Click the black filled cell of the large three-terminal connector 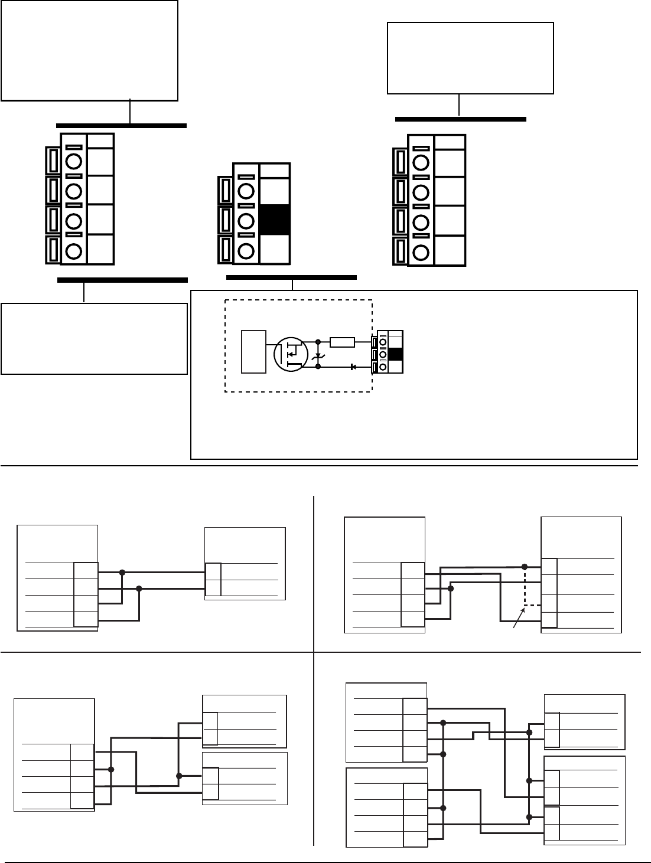click(x=274, y=220)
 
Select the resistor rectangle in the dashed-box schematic click(x=343, y=341)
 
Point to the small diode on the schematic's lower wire click(x=353, y=367)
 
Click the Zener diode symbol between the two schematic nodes click(x=318, y=354)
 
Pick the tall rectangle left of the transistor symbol click(x=254, y=352)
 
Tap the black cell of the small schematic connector click(x=396, y=354)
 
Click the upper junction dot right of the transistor click(x=318, y=341)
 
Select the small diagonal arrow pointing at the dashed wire click(x=518, y=621)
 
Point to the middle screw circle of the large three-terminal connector click(x=246, y=220)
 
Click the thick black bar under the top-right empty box click(x=460, y=119)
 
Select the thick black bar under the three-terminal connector click(x=291, y=277)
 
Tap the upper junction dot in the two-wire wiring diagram click(x=122, y=572)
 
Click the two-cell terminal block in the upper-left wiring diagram click(x=213, y=580)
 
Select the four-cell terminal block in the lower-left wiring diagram click(x=82, y=776)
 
